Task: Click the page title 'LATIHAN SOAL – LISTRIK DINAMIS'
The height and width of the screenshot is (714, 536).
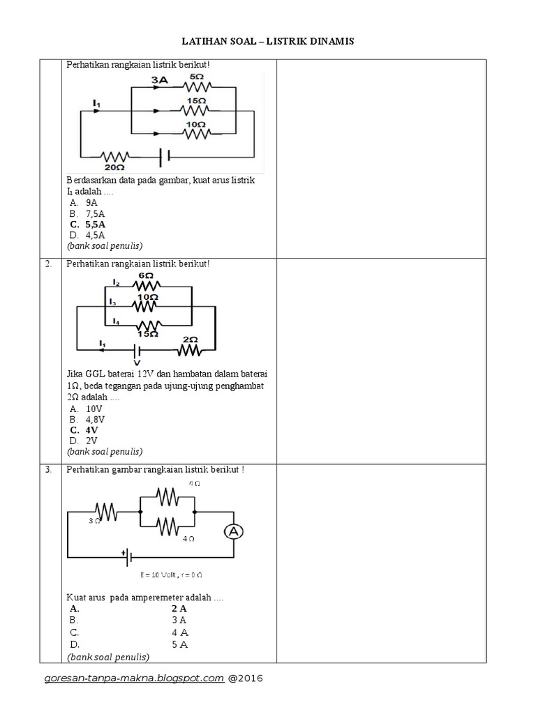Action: [268, 42]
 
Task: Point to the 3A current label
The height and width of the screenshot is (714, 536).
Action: [160, 80]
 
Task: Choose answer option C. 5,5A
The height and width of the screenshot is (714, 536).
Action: [87, 225]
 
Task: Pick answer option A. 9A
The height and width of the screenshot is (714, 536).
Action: [83, 202]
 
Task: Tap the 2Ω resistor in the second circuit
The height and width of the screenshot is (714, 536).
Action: [190, 349]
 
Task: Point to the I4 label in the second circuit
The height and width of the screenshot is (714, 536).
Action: [115, 322]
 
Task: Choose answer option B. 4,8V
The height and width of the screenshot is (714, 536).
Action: [86, 420]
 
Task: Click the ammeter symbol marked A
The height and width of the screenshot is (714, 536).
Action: [234, 532]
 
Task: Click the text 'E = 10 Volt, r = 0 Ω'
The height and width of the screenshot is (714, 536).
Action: [171, 575]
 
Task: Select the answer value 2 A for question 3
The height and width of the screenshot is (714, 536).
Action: [179, 609]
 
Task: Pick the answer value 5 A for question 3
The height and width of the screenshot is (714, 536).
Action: [179, 644]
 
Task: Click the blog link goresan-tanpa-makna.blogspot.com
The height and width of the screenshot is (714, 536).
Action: [134, 678]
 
